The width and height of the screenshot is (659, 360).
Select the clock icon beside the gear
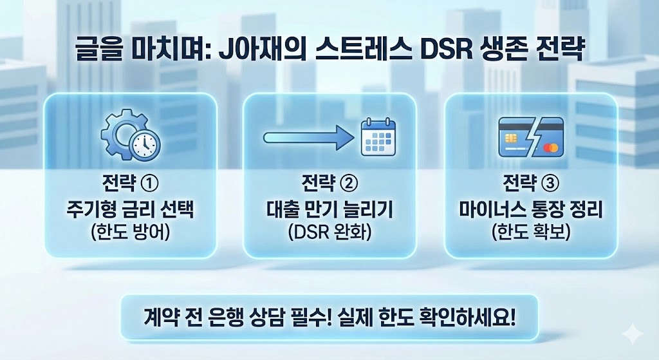click(145, 145)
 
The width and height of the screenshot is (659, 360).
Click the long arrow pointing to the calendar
click(307, 137)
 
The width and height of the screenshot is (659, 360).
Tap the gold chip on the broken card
click(509, 138)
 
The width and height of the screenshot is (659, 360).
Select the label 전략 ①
click(132, 184)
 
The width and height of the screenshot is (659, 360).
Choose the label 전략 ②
click(329, 184)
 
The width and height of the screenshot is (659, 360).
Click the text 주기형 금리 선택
click(132, 209)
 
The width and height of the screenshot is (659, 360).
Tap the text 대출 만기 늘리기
click(329, 209)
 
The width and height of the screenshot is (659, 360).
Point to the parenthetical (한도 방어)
click(132, 233)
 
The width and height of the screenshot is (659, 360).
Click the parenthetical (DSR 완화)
click(329, 233)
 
